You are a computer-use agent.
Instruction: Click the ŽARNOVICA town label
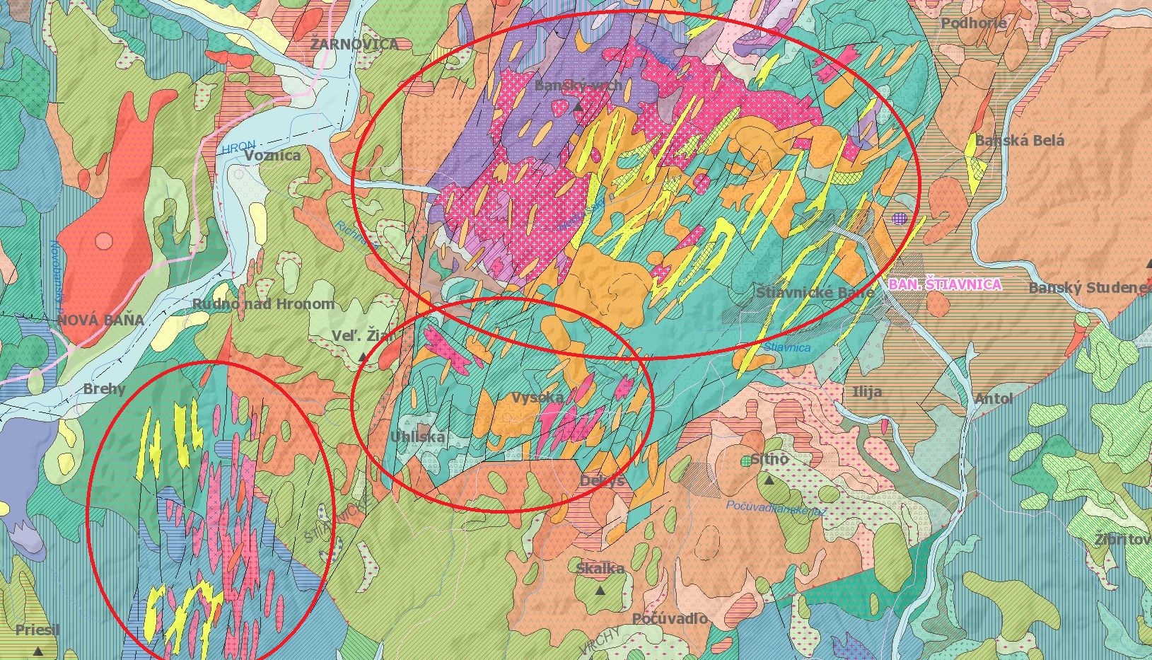click(x=354, y=44)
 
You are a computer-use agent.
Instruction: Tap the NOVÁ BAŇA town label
click(x=100, y=320)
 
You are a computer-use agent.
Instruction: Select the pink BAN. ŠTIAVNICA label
click(x=945, y=284)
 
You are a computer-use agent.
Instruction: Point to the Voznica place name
click(x=272, y=156)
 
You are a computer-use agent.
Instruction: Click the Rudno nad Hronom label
click(x=263, y=304)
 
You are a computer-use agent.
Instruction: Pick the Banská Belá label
click(x=1019, y=140)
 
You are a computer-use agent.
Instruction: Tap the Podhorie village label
click(x=973, y=23)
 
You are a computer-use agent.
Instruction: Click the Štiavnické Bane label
click(x=815, y=292)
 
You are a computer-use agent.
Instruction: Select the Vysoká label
click(x=537, y=397)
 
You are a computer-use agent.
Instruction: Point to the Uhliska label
click(x=418, y=436)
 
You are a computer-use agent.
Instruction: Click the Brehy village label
click(x=104, y=389)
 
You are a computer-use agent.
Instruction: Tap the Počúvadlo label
click(x=669, y=618)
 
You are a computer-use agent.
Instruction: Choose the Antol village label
click(x=994, y=399)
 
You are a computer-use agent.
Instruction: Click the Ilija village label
click(x=867, y=392)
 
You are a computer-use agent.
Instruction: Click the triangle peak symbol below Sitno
click(x=769, y=480)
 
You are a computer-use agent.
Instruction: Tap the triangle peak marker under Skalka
click(x=600, y=590)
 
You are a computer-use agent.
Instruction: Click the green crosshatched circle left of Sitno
click(x=746, y=461)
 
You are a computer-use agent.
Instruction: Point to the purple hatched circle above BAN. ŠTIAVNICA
click(x=900, y=219)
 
